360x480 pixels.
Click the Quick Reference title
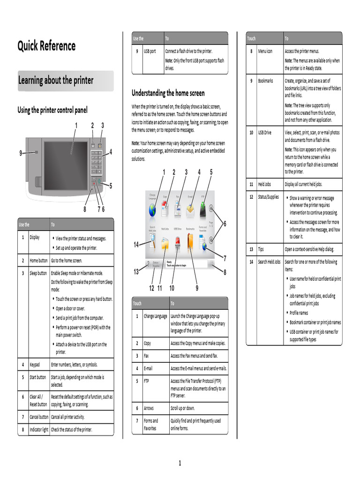[46, 46]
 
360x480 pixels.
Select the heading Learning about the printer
[56, 81]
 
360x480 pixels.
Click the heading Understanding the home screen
[168, 93]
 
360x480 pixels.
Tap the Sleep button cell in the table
[38, 273]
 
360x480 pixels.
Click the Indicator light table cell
[38, 429]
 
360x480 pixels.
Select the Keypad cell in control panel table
[35, 364]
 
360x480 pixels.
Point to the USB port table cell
[150, 51]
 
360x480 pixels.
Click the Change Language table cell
[155, 316]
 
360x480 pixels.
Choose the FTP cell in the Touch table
[147, 381]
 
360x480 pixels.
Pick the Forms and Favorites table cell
[151, 424]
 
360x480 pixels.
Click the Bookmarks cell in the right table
[265, 81]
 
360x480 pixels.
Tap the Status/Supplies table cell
[268, 197]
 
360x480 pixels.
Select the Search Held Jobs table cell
[269, 262]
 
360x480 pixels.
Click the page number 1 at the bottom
[180, 464]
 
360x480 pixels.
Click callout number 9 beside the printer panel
[21, 153]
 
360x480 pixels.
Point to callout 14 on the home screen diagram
[136, 244]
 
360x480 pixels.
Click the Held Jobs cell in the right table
[264, 184]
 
